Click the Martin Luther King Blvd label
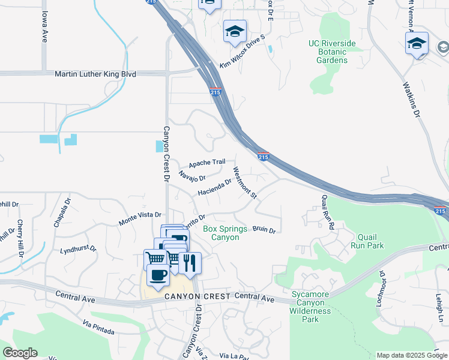pyautogui.click(x=95, y=74)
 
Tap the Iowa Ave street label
pyautogui.click(x=44, y=29)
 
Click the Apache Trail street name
pyautogui.click(x=206, y=163)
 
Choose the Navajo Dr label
pyautogui.click(x=192, y=176)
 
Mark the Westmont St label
pyautogui.click(x=245, y=183)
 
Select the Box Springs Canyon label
pyautogui.click(x=221, y=233)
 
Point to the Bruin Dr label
pyautogui.click(x=264, y=230)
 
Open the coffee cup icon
pyautogui.click(x=158, y=275)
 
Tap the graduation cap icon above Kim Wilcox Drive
pyautogui.click(x=235, y=31)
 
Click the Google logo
pyautogui.click(x=20, y=353)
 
